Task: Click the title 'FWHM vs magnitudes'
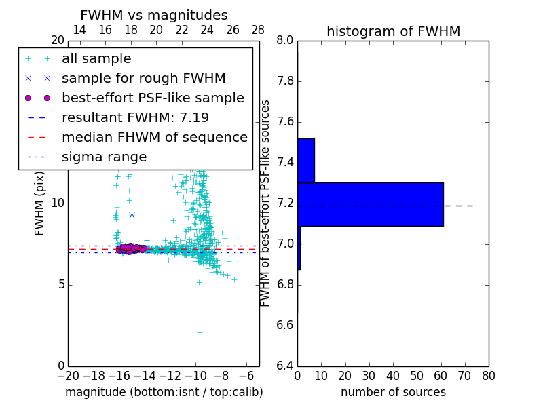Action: click(153, 15)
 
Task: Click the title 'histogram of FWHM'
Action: click(393, 31)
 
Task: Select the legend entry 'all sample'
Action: click(96, 59)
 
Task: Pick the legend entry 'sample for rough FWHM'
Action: click(143, 79)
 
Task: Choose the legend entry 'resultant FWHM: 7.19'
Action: click(135, 118)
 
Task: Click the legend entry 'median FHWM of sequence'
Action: click(154, 138)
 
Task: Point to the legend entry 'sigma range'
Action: click(104, 157)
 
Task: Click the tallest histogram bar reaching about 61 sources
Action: click(370, 204)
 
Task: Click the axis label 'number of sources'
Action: click(393, 392)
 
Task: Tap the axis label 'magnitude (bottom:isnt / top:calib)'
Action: click(164, 392)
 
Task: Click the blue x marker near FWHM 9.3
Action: click(132, 215)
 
